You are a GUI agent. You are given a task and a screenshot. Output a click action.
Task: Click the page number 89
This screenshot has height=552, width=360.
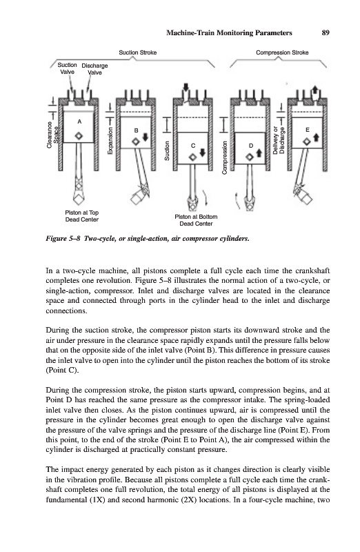point(325,32)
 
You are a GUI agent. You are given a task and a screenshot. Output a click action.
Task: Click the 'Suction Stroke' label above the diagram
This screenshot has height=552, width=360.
point(138,52)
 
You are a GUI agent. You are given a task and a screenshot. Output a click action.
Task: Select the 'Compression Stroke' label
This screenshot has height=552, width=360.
point(282,52)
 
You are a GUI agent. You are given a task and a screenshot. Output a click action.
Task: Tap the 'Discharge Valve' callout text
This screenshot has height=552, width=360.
point(94,69)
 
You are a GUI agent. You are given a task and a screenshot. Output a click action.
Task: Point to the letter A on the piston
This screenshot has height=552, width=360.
point(79,121)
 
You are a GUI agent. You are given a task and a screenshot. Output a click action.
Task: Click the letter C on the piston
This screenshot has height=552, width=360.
point(193,146)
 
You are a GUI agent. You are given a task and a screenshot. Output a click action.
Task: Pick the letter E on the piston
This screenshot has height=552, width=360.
point(307,130)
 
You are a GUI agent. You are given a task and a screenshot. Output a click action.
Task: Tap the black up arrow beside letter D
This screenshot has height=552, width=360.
point(259,152)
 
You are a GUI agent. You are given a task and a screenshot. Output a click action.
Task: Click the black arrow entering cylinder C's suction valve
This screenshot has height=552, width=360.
point(186,88)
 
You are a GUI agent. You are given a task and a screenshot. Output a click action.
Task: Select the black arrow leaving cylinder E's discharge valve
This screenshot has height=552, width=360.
point(315,89)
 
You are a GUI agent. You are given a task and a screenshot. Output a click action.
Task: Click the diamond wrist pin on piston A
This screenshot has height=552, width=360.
point(79,136)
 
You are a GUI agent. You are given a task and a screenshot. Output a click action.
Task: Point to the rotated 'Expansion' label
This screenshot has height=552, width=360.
point(110,141)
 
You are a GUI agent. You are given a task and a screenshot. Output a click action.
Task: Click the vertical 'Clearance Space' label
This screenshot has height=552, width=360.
point(53,135)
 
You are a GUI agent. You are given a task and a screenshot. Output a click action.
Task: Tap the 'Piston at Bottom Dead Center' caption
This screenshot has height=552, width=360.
point(196,220)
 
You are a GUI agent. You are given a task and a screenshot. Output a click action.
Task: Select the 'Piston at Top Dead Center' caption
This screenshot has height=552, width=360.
point(81,216)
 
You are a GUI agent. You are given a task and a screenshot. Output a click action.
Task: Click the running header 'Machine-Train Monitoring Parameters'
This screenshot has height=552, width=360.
point(229,32)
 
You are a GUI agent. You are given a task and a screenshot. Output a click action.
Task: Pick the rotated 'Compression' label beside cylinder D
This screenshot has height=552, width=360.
point(224,157)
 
